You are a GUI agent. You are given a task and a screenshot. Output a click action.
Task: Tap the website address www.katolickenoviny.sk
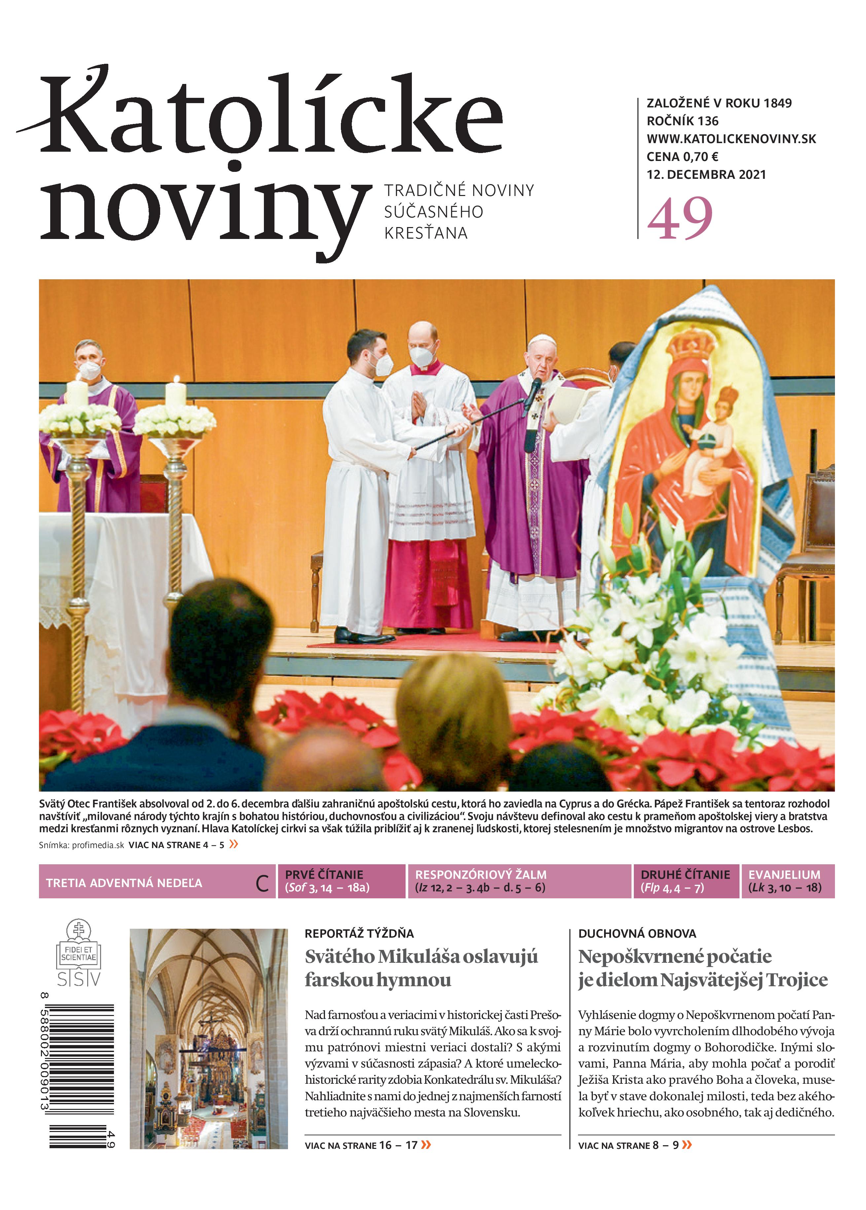pos(731,139)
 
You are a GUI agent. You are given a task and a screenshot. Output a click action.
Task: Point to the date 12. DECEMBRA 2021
pos(706,175)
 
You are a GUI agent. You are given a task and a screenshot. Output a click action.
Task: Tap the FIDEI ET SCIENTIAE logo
pos(79,952)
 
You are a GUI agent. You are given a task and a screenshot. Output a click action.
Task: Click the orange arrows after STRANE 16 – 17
pos(425,1144)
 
